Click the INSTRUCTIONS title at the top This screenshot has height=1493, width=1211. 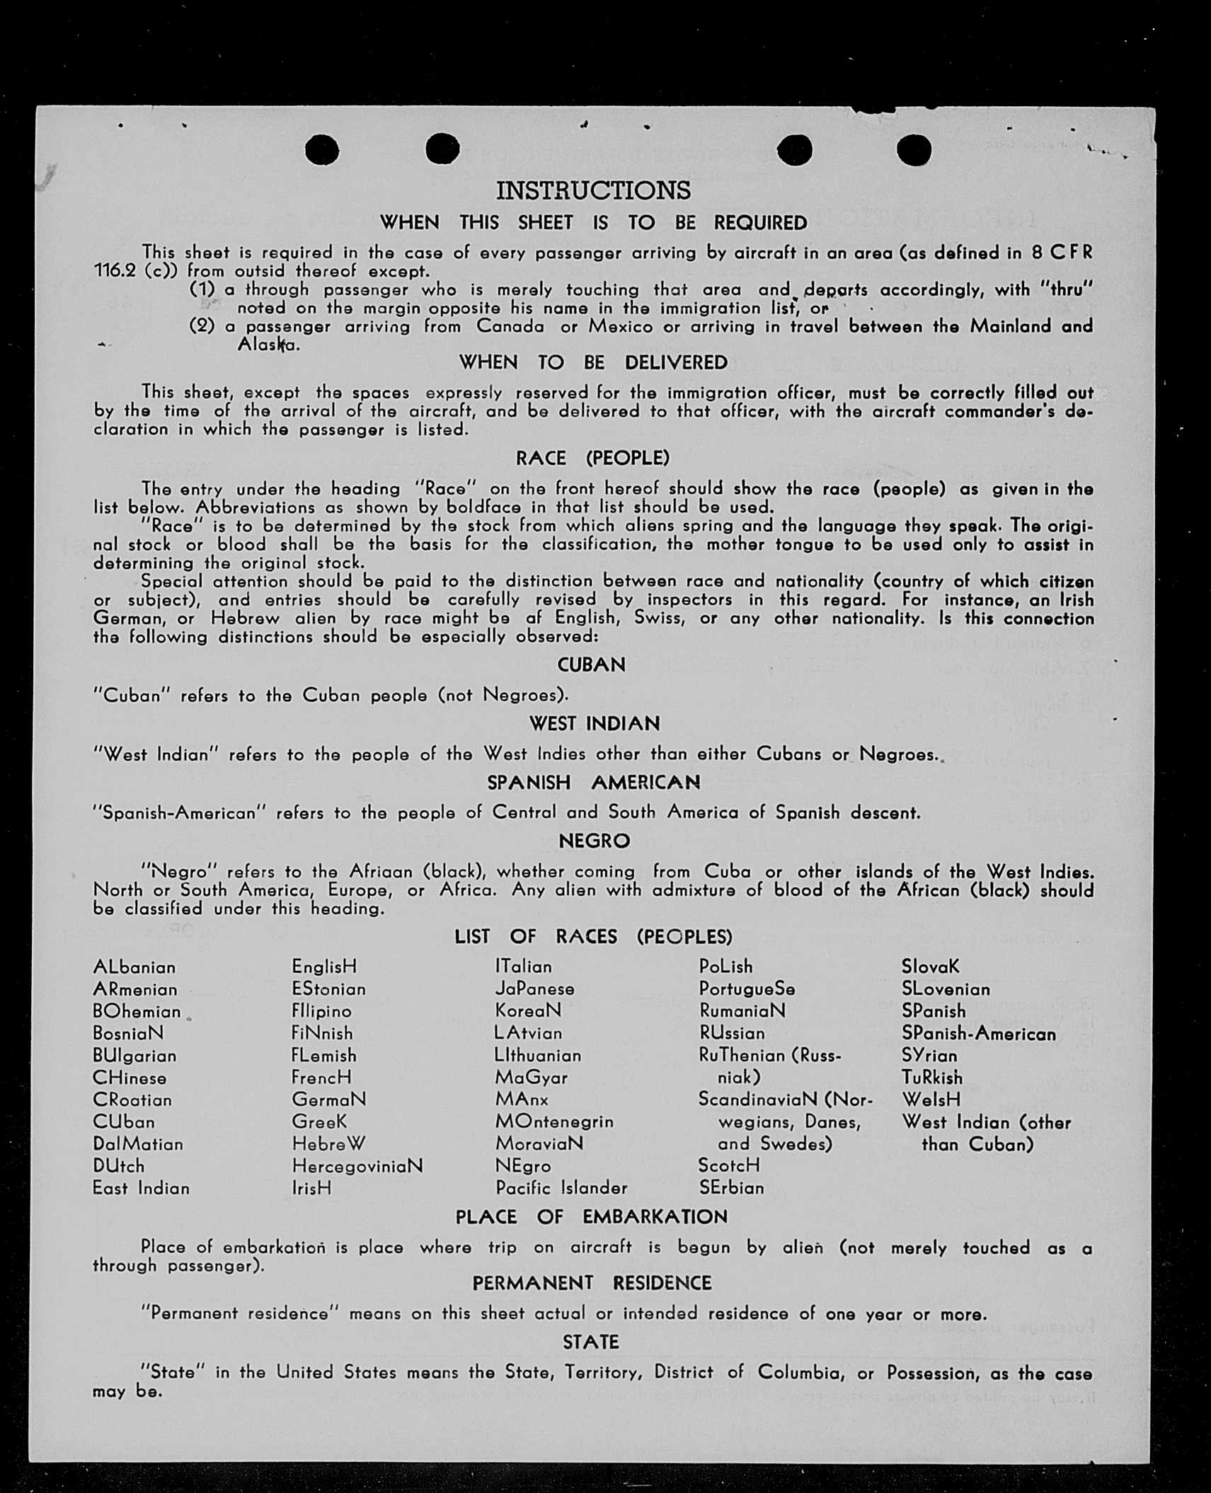coord(593,190)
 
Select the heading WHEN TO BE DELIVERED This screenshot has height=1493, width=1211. coord(593,362)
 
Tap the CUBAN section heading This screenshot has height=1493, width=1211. coord(592,665)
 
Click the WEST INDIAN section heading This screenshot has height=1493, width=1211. coord(595,724)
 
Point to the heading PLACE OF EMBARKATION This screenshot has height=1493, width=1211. coord(592,1217)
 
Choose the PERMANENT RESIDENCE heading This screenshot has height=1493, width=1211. coord(592,1283)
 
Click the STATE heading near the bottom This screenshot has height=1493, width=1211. coord(591,1342)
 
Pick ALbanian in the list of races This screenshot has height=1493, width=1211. coord(134,967)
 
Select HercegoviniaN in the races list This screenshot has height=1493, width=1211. coord(357,1166)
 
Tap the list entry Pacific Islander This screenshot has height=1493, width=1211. coord(561,1188)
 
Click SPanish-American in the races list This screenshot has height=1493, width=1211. coord(979,1034)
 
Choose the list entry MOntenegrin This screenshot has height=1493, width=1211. coord(554,1122)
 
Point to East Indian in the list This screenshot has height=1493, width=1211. coord(141,1188)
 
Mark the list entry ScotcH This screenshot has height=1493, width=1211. coord(729,1165)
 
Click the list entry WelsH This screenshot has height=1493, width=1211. coord(931,1100)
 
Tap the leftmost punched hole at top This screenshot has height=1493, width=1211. coord(322,150)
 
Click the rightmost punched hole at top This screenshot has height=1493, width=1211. coord(914,150)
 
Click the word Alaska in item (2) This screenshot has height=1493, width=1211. coord(268,345)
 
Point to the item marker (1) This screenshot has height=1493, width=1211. coord(202,289)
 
